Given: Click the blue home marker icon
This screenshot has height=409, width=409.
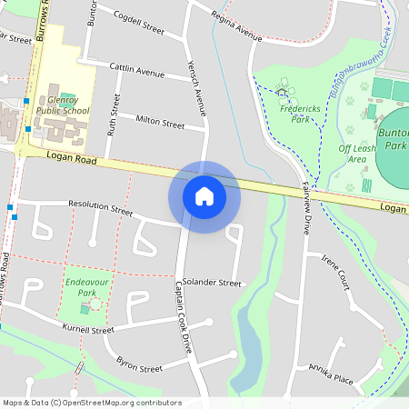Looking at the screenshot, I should pyautogui.click(x=204, y=195).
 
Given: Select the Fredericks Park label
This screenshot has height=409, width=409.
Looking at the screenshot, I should pyautogui.click(x=288, y=113).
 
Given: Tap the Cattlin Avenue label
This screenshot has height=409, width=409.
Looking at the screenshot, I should pyautogui.click(x=136, y=71).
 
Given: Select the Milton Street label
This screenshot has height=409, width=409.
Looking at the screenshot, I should pyautogui.click(x=160, y=121).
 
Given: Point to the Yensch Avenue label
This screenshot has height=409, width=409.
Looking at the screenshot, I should pyautogui.click(x=195, y=91).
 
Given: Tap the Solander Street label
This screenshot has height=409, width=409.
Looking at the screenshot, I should pyautogui.click(x=211, y=283).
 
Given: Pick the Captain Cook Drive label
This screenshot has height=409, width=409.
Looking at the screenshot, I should pyautogui.click(x=185, y=317).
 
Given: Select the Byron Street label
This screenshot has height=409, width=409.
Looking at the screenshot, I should pyautogui.click(x=139, y=367).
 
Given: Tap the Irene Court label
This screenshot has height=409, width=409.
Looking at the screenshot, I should pyautogui.click(x=335, y=272).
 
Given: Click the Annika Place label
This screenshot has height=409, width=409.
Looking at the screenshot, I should pyautogui.click(x=330, y=373).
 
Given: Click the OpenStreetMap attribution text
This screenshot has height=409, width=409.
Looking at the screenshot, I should pyautogui.click(x=92, y=403).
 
